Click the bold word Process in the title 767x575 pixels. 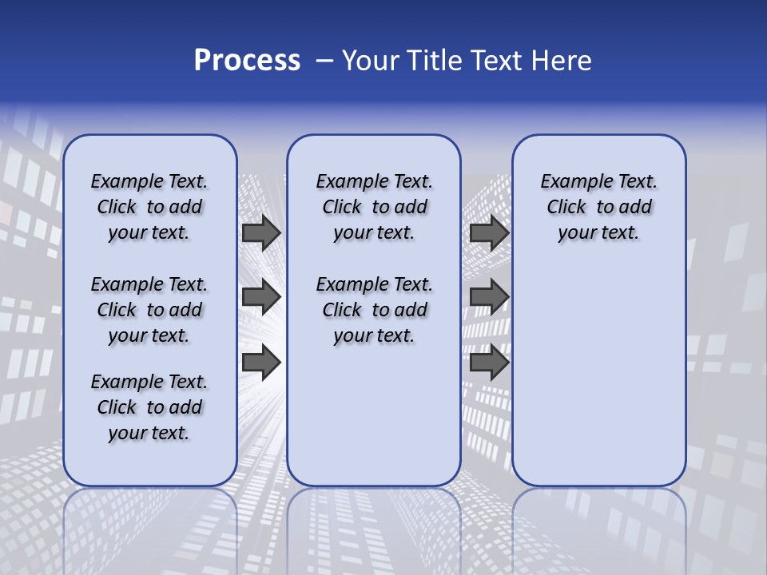247,61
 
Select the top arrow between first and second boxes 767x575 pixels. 261,232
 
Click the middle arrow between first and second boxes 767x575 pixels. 261,298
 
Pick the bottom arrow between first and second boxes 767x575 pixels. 261,363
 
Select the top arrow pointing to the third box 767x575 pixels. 489,232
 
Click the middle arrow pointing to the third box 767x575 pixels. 489,298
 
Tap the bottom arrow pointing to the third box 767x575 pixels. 489,363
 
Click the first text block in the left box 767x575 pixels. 149,207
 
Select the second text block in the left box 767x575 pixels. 149,310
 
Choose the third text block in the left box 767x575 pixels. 149,407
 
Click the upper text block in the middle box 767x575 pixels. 374,207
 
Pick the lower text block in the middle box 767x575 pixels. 374,310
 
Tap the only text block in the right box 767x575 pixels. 598,207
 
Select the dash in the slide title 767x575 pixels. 324,61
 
